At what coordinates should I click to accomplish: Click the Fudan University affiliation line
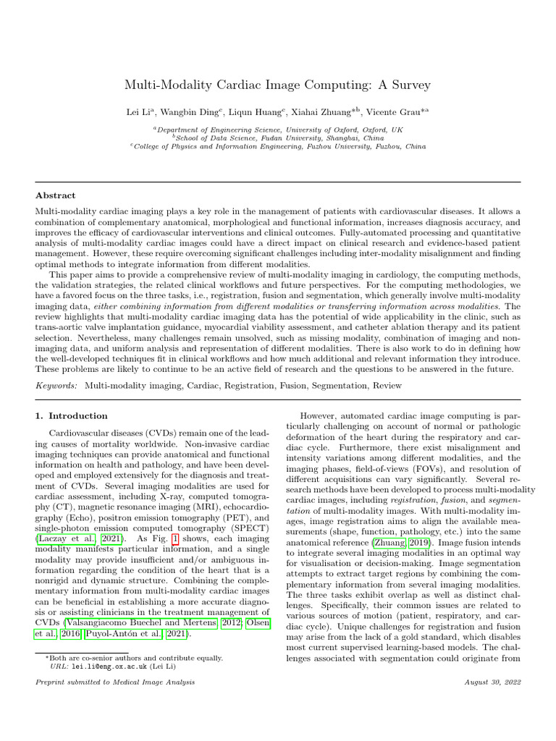(x=278, y=137)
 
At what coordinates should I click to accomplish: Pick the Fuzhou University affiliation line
(x=278, y=145)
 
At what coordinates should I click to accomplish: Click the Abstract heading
(x=56, y=195)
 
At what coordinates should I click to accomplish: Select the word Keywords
(x=57, y=386)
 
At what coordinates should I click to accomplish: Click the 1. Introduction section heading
(x=72, y=416)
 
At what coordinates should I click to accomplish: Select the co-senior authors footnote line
(x=134, y=659)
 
